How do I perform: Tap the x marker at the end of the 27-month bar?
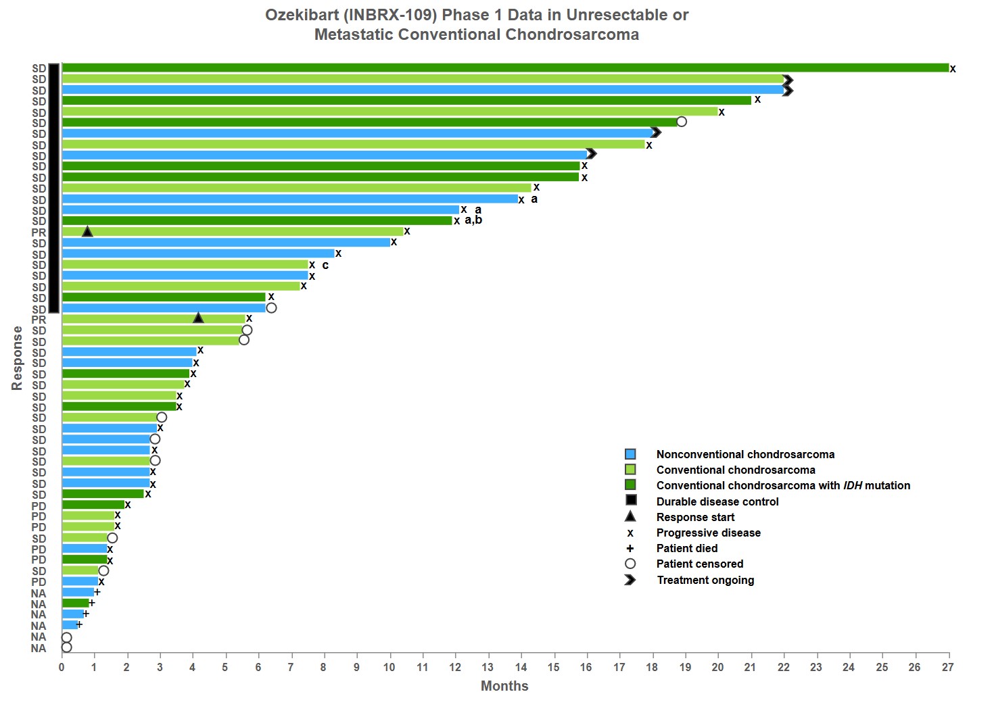953,69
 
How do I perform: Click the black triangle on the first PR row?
87,232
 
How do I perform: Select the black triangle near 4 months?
198,318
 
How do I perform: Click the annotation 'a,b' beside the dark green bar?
473,220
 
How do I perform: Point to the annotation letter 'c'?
325,265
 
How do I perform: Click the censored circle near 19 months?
682,122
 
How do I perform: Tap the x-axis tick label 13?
488,668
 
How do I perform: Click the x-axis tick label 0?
62,668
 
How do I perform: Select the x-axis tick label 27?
948,668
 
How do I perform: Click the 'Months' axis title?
504,686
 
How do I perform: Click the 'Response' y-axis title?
17,358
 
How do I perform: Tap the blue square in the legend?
630,454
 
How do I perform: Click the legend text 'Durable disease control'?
717,501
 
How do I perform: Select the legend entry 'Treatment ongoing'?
705,580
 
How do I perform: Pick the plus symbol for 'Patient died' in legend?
630,548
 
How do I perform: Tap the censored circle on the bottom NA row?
66,647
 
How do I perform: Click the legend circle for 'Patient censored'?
630,564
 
